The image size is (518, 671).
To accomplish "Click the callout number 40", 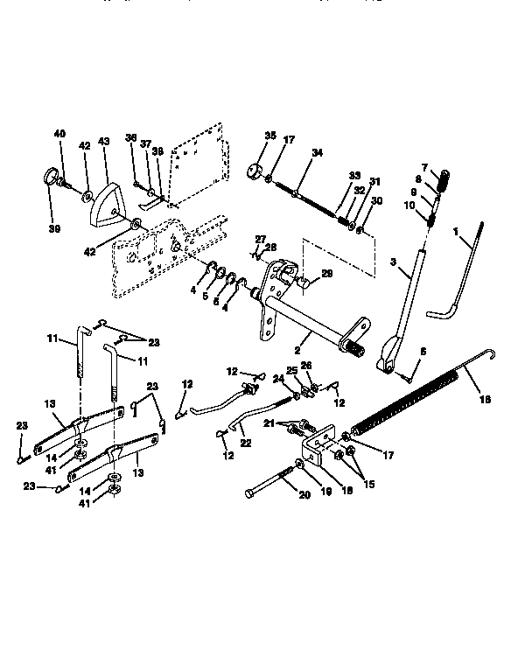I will pos(59,134).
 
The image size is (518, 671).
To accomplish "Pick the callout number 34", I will pos(317,153).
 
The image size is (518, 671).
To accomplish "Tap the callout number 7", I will pos(424,166).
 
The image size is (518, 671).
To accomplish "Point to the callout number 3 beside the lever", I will pos(395,262).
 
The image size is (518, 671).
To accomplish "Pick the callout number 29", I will pos(327,275).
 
